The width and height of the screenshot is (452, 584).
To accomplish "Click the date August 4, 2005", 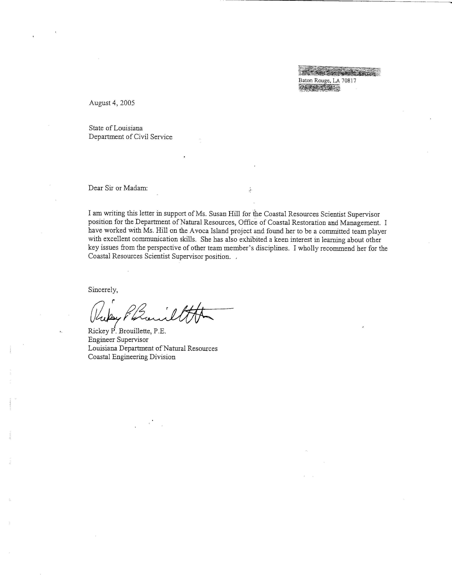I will point(112,103).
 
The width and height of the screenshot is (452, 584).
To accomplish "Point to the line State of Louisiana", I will point(116,128).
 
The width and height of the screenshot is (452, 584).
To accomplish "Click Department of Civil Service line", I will point(130,137).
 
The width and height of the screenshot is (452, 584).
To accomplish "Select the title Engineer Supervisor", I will point(118,340).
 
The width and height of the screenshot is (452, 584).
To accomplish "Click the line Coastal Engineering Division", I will point(132,357).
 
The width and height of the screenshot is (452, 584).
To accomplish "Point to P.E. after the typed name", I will point(160,331).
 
